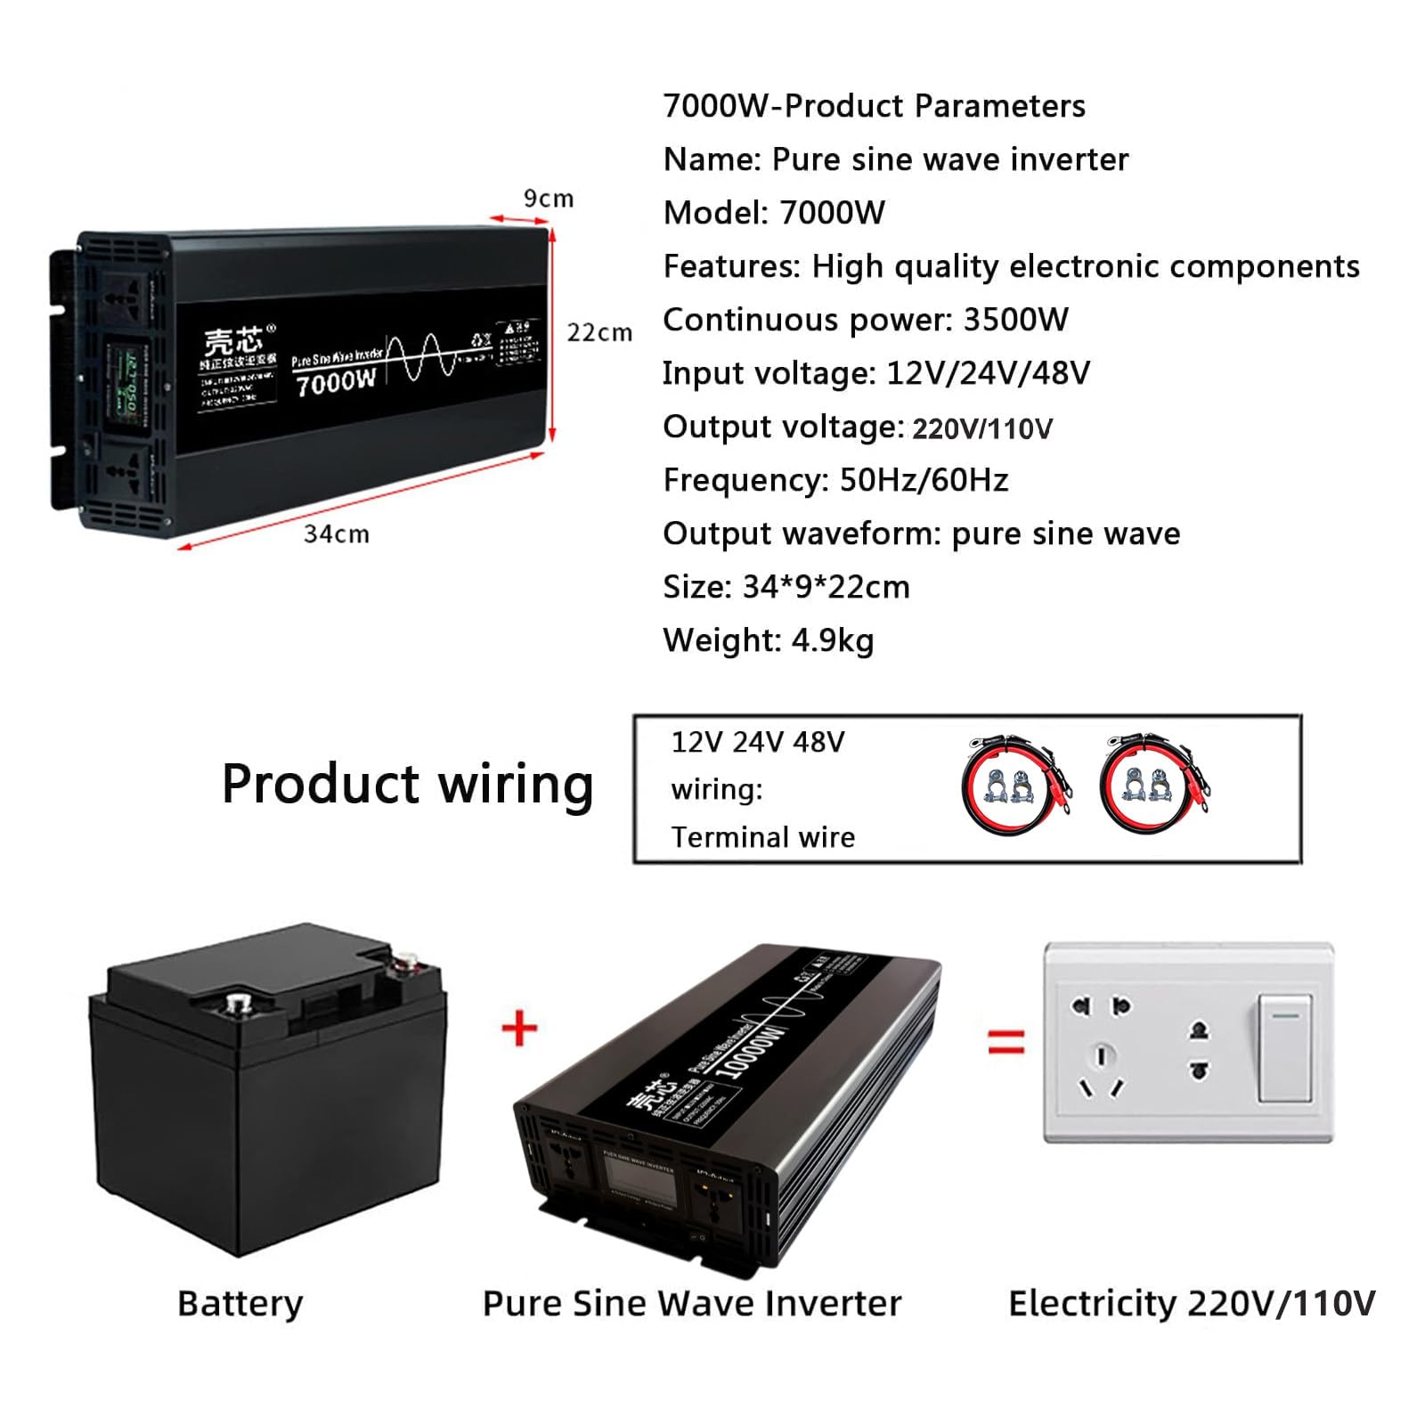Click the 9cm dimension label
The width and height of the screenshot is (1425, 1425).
[548, 198]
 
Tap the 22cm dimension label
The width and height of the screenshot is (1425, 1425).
[599, 332]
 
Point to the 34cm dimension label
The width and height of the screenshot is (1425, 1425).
[336, 533]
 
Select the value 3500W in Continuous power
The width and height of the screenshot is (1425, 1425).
[1015, 320]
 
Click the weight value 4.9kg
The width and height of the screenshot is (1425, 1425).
[827, 640]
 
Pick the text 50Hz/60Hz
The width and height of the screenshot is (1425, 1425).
[924, 480]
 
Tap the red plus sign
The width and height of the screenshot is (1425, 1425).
[520, 1029]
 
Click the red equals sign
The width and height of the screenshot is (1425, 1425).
[1006, 1040]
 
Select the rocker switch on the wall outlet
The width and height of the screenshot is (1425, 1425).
[1284, 1049]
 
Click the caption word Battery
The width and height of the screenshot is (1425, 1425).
[240, 1303]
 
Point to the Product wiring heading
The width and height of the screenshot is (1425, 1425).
[407, 785]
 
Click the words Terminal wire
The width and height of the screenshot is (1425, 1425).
[762, 837]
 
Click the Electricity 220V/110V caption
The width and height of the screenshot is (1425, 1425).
[1191, 1303]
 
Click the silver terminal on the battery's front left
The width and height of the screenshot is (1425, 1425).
[238, 1005]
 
